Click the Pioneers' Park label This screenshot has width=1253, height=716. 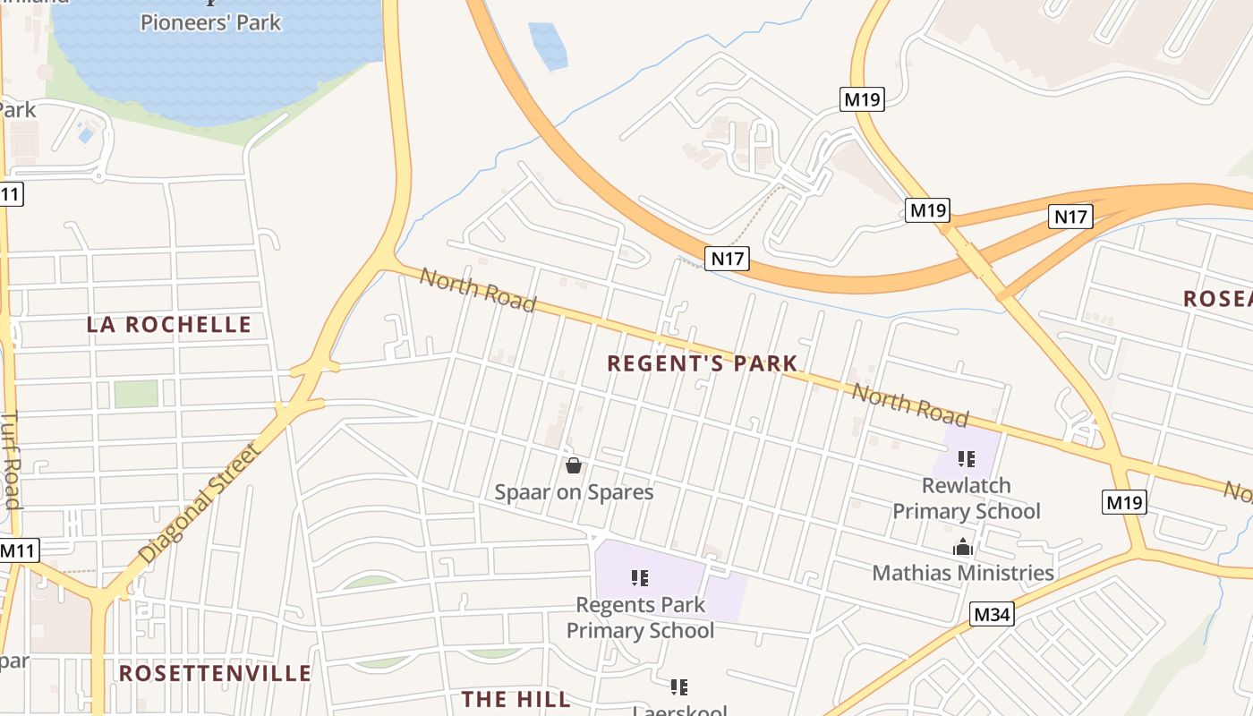[x=210, y=22]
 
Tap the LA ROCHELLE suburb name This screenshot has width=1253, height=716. [x=169, y=325]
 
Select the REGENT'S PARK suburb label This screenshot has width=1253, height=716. [x=702, y=363]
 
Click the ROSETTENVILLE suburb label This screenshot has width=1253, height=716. [x=215, y=673]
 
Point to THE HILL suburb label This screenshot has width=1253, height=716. [x=516, y=699]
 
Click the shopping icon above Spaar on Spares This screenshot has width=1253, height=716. [x=574, y=465]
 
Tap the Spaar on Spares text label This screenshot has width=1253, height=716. [x=574, y=492]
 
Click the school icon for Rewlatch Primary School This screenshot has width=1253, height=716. [x=966, y=459]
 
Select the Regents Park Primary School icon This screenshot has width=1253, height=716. [x=639, y=578]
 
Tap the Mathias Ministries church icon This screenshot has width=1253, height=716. [x=962, y=547]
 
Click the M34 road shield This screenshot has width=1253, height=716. [x=992, y=614]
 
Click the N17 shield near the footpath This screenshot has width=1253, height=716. [x=727, y=259]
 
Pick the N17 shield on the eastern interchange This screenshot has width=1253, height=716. [x=1070, y=216]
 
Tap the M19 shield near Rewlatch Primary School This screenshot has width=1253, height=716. [x=1124, y=502]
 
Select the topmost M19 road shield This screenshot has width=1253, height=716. [x=863, y=99]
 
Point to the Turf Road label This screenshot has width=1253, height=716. [x=11, y=459]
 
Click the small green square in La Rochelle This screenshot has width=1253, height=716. [x=136, y=394]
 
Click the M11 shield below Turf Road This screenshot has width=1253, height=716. [x=17, y=550]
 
